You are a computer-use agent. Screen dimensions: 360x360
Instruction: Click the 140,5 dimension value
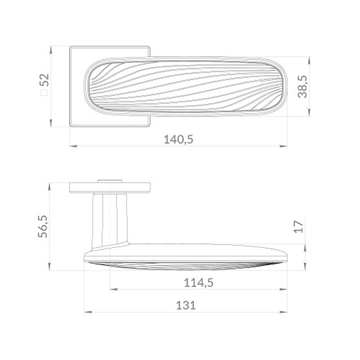point(179,139)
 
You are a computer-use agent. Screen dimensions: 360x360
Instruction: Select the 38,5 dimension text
point(303,86)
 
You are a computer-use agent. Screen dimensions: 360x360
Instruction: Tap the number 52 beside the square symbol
point(44,80)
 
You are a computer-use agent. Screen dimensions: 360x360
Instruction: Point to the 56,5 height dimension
point(43,226)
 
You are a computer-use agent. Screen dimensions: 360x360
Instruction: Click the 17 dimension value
point(299,226)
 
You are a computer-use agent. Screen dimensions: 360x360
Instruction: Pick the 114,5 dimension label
point(199,283)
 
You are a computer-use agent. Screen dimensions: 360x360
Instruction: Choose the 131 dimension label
point(186,306)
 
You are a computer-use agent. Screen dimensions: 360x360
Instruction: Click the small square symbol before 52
point(44,93)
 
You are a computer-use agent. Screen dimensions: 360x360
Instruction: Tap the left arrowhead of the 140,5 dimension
point(73,146)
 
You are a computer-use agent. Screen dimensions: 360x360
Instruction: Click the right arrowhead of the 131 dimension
point(284,312)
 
